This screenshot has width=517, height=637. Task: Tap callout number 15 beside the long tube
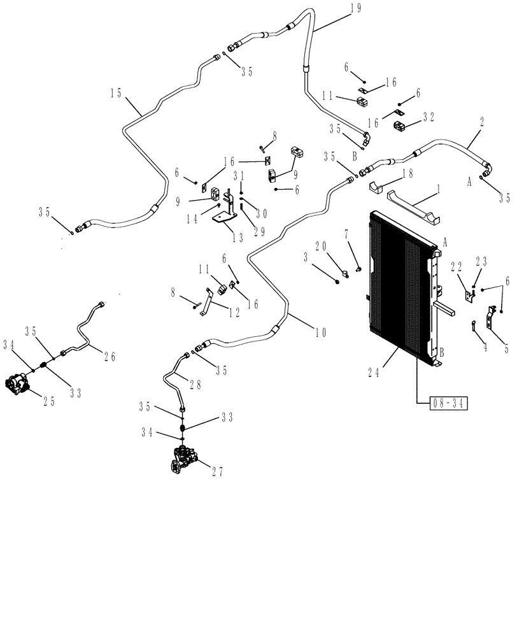[x=115, y=92]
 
